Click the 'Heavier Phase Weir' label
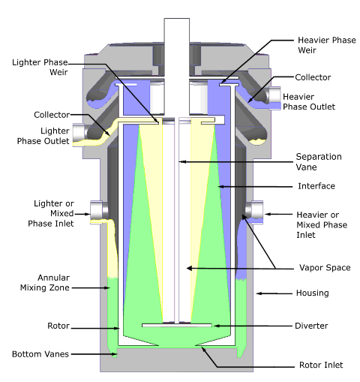[327, 45]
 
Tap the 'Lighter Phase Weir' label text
[40, 67]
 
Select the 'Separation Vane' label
[319, 161]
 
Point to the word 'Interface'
[316, 186]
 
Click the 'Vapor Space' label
[325, 268]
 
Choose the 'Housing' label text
[313, 293]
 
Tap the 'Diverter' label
[311, 326]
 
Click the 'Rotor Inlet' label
[321, 365]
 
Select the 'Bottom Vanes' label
[40, 354]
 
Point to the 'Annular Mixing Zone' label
[45, 283]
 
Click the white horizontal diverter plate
[177, 325]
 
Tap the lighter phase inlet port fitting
[97, 212]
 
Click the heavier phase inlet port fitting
[256, 212]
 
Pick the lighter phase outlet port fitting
[78, 134]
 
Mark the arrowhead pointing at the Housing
[259, 293]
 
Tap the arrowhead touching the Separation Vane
[182, 162]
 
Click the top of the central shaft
[177, 19]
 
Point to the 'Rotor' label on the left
[58, 326]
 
